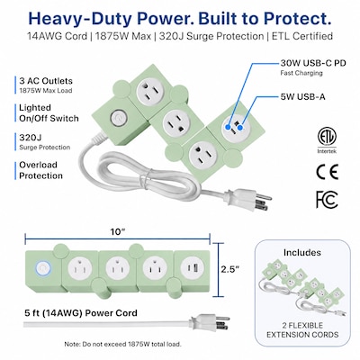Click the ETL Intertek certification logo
click(327, 140)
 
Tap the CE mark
click(328, 172)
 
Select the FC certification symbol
click(327, 200)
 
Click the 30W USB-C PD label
click(313, 63)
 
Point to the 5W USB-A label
click(302, 96)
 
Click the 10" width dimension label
click(118, 232)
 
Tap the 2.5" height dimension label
click(230, 269)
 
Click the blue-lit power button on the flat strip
click(43, 268)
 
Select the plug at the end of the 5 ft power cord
click(210, 322)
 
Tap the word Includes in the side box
click(302, 253)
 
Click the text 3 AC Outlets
click(46, 81)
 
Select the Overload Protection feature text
click(40, 170)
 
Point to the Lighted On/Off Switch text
click(49, 112)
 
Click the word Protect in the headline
click(294, 19)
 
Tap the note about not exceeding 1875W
click(122, 344)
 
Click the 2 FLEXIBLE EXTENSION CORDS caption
click(302, 330)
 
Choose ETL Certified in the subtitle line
click(302, 36)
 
